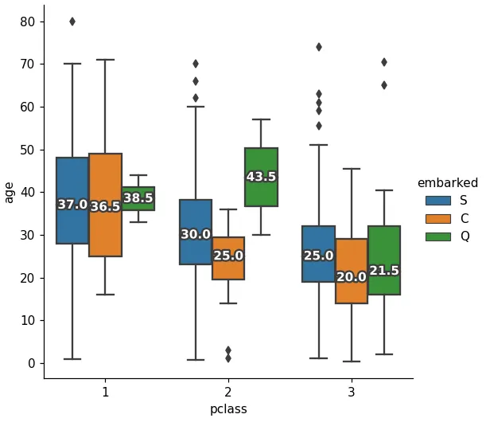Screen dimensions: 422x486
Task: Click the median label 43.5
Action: tap(261, 177)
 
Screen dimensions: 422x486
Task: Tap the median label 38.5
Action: tap(138, 198)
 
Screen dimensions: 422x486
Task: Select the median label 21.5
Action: tap(384, 271)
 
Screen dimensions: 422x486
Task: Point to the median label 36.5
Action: tap(105, 207)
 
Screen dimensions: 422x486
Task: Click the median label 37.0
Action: tap(72, 205)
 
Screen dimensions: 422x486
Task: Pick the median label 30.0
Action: tap(196, 235)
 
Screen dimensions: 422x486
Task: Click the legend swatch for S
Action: tap(437, 201)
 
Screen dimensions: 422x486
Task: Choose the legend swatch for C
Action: tap(437, 218)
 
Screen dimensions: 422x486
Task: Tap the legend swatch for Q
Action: tap(437, 236)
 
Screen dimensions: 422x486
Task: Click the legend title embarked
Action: tap(448, 183)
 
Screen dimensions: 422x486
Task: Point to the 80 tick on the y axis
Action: tap(28, 21)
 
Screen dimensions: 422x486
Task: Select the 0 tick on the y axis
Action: tap(32, 363)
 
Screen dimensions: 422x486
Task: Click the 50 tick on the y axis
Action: tap(28, 150)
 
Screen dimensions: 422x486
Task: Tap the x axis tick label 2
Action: tap(228, 392)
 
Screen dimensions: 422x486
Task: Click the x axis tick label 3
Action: tap(352, 392)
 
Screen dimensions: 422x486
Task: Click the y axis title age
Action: tap(10, 192)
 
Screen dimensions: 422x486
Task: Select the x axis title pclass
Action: tap(228, 409)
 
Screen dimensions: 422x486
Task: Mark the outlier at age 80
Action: tap(72, 21)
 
